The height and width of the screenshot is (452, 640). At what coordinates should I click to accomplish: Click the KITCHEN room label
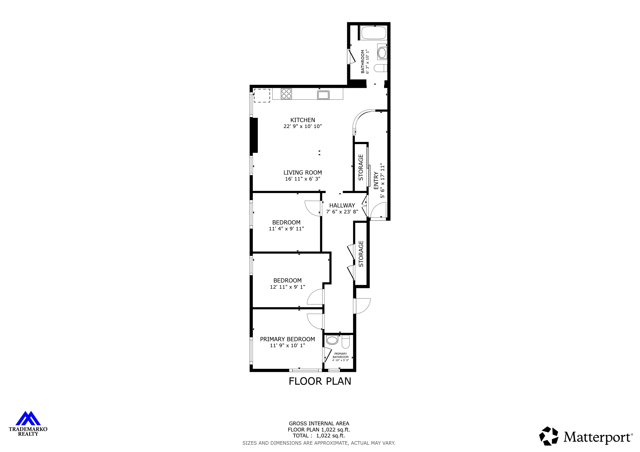[303, 120]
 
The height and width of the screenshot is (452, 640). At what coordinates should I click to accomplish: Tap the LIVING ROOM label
[303, 173]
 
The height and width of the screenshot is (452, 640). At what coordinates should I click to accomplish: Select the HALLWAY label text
[342, 205]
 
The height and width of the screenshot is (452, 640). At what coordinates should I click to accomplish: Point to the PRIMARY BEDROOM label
[287, 339]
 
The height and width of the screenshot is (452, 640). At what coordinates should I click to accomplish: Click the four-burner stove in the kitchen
[286, 94]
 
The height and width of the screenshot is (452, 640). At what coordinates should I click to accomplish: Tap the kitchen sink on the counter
[323, 95]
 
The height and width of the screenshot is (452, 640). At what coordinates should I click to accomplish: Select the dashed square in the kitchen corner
[262, 96]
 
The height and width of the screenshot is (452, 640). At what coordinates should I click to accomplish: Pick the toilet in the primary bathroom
[346, 342]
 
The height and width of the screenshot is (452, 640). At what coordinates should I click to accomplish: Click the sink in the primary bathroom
[332, 340]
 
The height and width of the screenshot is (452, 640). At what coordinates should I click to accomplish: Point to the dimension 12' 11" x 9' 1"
[287, 287]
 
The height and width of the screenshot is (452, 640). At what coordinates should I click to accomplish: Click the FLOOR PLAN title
[320, 381]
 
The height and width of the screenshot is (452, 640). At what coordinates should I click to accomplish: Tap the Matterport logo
[586, 437]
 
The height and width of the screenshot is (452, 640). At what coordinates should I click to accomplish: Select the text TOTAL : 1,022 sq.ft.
[319, 436]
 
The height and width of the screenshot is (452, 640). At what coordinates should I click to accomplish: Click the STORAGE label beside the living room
[361, 167]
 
